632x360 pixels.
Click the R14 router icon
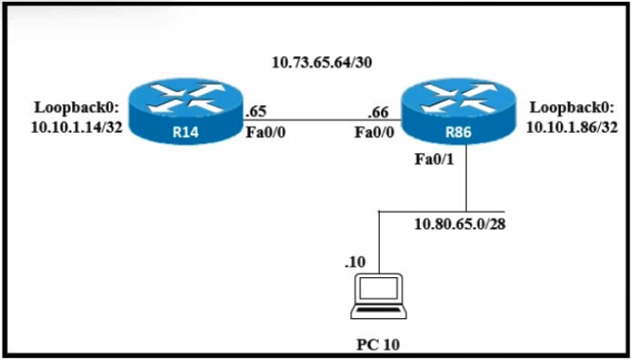pyautogui.click(x=185, y=110)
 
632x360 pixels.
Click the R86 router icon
pyautogui.click(x=458, y=110)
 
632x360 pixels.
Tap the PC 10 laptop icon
pyautogui.click(x=379, y=297)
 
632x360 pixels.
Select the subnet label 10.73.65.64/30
pyautogui.click(x=322, y=62)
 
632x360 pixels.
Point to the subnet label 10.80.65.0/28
pyautogui.click(x=460, y=225)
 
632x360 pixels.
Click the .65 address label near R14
pyautogui.click(x=256, y=111)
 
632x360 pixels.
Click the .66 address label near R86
pyautogui.click(x=378, y=113)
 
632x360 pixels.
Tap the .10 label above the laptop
pyautogui.click(x=355, y=263)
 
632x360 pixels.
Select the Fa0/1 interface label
pyautogui.click(x=434, y=160)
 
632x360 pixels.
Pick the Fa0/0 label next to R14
pyautogui.click(x=266, y=132)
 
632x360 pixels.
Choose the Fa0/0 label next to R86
pyautogui.click(x=374, y=132)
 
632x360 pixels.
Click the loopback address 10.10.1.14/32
pyautogui.click(x=77, y=127)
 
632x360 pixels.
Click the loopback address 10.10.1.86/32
pyautogui.click(x=572, y=127)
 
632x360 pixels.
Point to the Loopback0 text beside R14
pyautogui.click(x=77, y=108)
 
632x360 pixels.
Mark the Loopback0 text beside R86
pyautogui.click(x=572, y=108)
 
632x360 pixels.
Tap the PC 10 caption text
pyautogui.click(x=378, y=345)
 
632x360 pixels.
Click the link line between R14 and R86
pyautogui.click(x=322, y=119)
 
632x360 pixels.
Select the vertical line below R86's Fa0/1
pyautogui.click(x=466, y=178)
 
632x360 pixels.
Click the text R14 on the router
pyautogui.click(x=185, y=132)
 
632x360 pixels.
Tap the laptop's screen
pyautogui.click(x=379, y=288)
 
